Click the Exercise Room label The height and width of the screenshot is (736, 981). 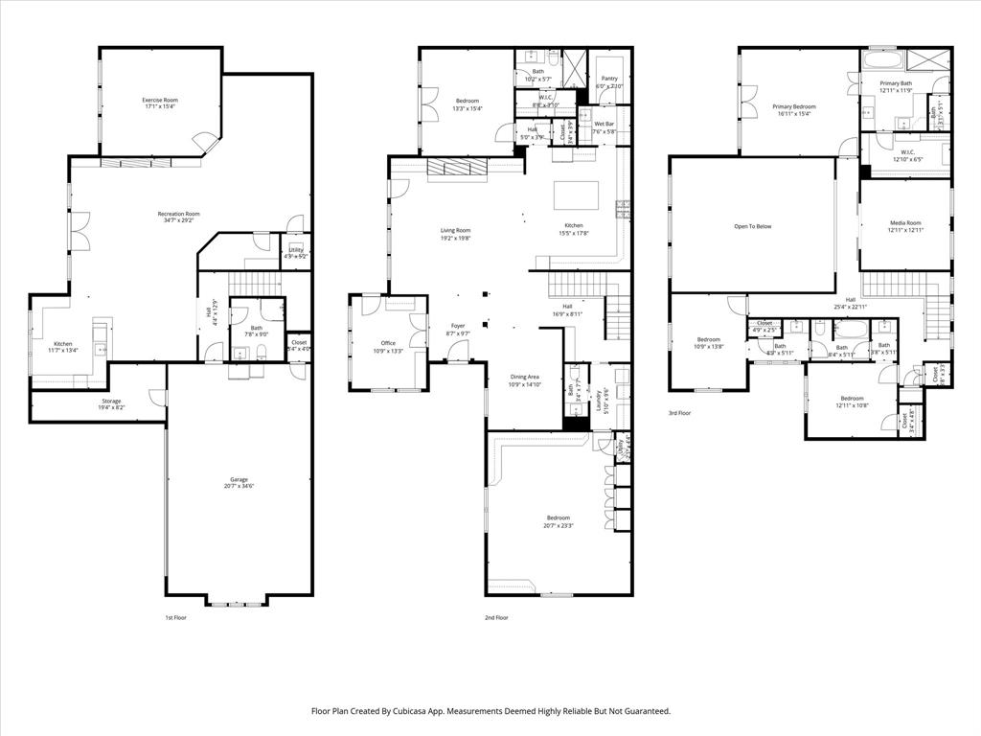point(160,100)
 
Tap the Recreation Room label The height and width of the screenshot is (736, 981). point(179,214)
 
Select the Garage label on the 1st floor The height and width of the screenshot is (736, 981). point(239,479)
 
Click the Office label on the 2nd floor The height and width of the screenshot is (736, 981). point(388,343)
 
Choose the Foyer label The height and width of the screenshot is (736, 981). point(458,326)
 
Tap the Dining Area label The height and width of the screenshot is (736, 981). point(524,377)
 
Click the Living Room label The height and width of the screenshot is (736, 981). point(455,230)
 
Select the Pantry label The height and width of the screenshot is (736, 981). point(609,79)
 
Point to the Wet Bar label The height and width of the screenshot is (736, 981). point(604,124)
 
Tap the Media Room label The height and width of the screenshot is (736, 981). point(904,222)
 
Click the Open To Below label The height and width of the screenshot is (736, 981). point(752,226)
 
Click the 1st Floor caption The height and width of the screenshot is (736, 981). point(175,618)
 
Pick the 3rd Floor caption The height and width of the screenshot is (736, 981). point(679,413)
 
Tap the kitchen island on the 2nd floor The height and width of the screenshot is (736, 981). point(576,195)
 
